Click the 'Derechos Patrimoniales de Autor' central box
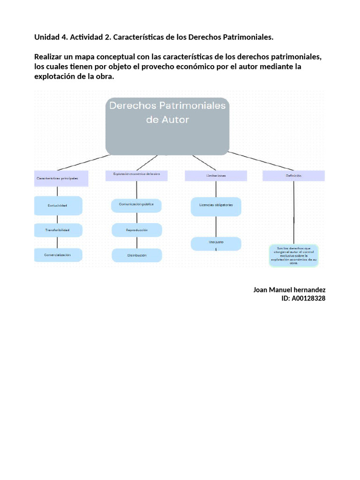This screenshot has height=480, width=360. [167, 126]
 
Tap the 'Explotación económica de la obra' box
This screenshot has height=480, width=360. [136, 175]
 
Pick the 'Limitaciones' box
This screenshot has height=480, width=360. [216, 175]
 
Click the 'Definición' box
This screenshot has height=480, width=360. [293, 175]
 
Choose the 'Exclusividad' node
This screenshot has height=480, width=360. [58, 205]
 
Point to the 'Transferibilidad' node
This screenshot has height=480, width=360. [58, 230]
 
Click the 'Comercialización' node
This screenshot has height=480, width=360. [58, 255]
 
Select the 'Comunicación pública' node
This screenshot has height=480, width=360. [136, 205]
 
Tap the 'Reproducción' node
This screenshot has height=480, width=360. [136, 230]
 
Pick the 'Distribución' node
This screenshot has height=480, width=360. [136, 255]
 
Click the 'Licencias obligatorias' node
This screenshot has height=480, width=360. [216, 205]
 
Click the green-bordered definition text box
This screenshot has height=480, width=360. [293, 255]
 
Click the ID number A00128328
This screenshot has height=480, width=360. [308, 298]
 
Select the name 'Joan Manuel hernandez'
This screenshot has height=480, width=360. [289, 290]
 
